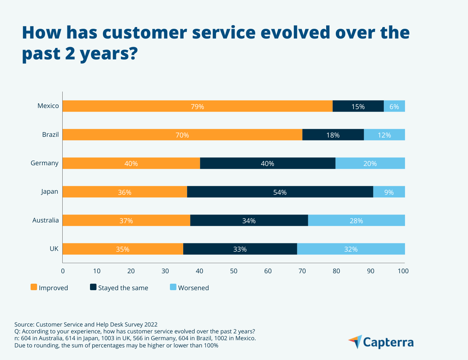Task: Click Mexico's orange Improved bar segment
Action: pyautogui.click(x=197, y=106)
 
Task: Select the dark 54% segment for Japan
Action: pyautogui.click(x=280, y=192)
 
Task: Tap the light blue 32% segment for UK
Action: pyautogui.click(x=351, y=249)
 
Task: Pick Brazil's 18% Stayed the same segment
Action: pyautogui.click(x=333, y=135)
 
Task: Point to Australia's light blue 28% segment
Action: pyautogui.click(x=356, y=221)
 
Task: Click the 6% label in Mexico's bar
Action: pyautogui.click(x=394, y=107)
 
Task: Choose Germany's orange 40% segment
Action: pyautogui.click(x=131, y=163)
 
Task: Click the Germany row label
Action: pyautogui.click(x=45, y=163)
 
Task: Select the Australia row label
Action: pyautogui.click(x=46, y=220)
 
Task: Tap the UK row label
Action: pyautogui.click(x=54, y=249)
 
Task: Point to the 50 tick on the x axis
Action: pyautogui.click(x=234, y=271)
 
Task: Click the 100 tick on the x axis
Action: pyautogui.click(x=403, y=271)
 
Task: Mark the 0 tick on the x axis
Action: pyautogui.click(x=63, y=271)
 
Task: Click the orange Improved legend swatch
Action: pyautogui.click(x=34, y=287)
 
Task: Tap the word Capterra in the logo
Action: pyautogui.click(x=388, y=342)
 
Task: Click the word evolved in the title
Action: pyautogui.click(x=295, y=32)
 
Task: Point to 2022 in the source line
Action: pyautogui.click(x=151, y=324)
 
